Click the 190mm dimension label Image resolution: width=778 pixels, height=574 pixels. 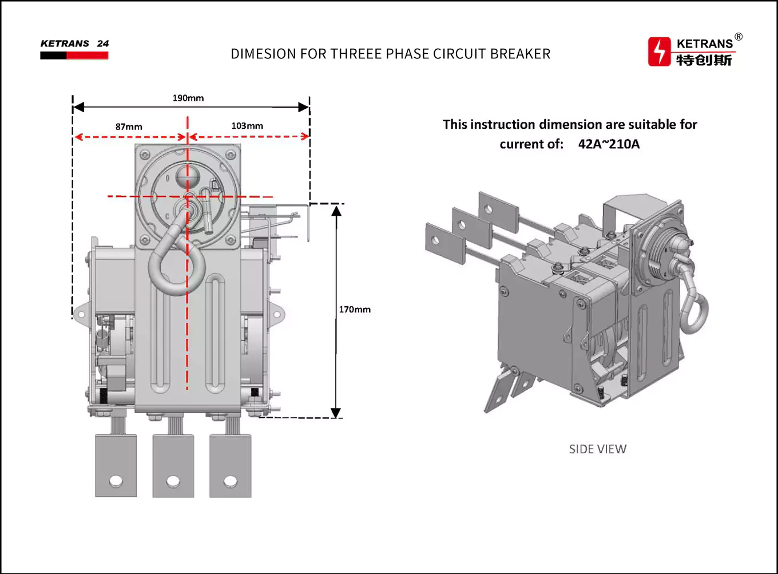[x=188, y=98]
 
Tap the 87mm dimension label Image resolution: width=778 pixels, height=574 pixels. [x=129, y=126]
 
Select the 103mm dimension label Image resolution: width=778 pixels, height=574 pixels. [x=247, y=126]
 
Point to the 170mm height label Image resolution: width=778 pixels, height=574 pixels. [x=355, y=310]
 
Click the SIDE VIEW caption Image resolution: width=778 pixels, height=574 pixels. [x=597, y=449]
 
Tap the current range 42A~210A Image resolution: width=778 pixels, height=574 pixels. [x=609, y=144]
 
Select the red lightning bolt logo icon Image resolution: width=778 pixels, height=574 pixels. [x=660, y=52]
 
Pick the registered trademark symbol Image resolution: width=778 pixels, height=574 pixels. [x=739, y=37]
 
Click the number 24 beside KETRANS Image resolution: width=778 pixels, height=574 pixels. [x=103, y=43]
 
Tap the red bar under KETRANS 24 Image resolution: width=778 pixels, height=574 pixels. [x=87, y=56]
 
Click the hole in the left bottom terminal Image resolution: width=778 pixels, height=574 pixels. [x=116, y=481]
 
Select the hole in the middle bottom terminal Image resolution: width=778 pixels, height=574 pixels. [x=173, y=481]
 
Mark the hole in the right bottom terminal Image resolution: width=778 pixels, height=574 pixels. [x=230, y=481]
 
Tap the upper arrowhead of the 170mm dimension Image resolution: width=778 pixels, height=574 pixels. [x=336, y=211]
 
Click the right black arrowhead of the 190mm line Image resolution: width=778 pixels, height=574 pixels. [x=303, y=107]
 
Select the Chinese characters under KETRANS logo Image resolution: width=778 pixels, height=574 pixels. [x=704, y=60]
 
